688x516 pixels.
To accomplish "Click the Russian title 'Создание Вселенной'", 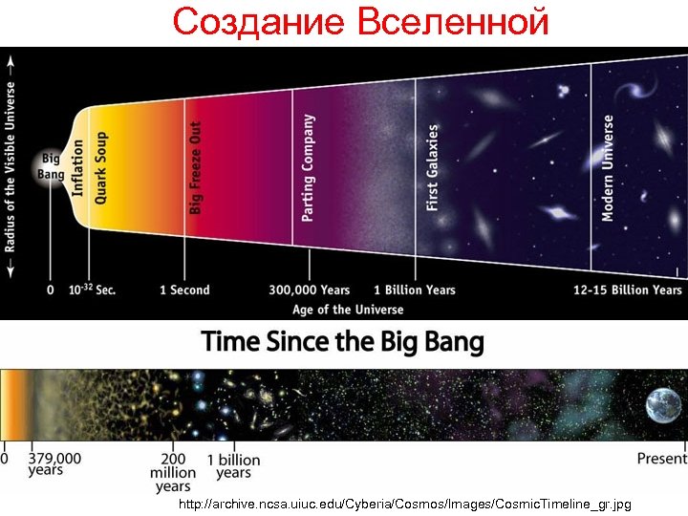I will (x=361, y=21).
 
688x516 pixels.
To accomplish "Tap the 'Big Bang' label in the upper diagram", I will (x=50, y=166).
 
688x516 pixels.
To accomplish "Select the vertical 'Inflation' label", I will (x=78, y=167).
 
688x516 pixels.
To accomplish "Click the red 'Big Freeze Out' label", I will (x=196, y=167).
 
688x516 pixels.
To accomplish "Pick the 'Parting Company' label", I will (x=308, y=168).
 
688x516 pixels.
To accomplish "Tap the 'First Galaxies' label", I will (x=432, y=167).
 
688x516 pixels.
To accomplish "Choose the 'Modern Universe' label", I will (x=608, y=168).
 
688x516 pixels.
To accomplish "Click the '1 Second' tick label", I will (x=184, y=290).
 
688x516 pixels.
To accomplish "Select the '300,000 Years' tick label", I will (x=309, y=290).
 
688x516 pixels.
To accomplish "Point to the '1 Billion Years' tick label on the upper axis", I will (x=415, y=290).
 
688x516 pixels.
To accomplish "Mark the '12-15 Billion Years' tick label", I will (x=628, y=290).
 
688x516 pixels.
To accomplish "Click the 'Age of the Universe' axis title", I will (x=348, y=309).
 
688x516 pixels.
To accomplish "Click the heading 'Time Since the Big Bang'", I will (x=342, y=342).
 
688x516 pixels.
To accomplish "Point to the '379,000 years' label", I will (x=54, y=464).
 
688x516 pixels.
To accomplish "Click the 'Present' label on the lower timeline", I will (x=661, y=459).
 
